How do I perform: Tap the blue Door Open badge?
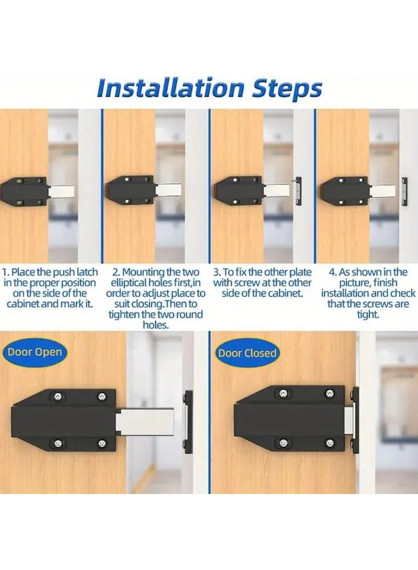[35, 351]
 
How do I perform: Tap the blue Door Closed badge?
[248, 353]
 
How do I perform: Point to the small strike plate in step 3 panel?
[299, 188]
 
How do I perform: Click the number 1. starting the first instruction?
[6, 272]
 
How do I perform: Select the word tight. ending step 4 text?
[367, 315]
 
